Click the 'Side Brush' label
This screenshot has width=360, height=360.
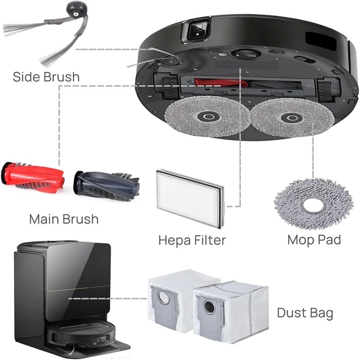pyautogui.click(x=46, y=76)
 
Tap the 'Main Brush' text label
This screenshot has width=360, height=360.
pyautogui.click(x=63, y=219)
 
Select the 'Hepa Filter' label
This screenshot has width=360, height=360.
pyautogui.click(x=192, y=239)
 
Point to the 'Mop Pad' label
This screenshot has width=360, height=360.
pyautogui.click(x=314, y=239)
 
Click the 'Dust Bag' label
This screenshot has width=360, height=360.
pyautogui.click(x=305, y=312)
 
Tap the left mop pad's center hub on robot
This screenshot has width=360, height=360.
pyautogui.click(x=207, y=117)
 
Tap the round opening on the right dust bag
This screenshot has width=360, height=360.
pyautogui.click(x=210, y=308)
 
